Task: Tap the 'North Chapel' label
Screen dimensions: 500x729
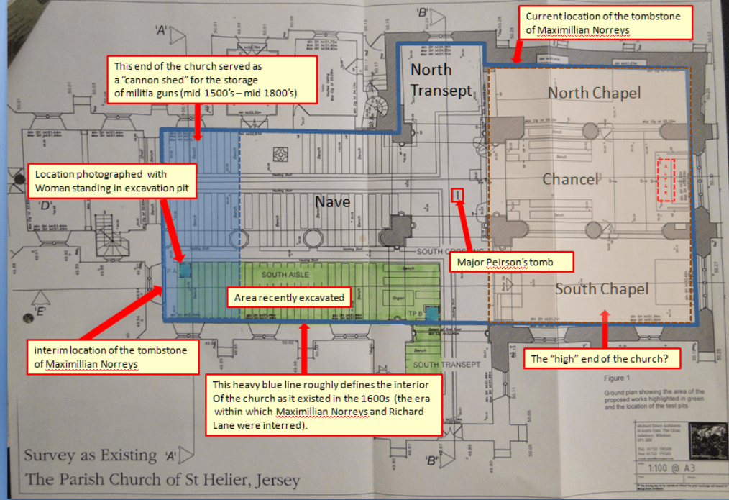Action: tap(593, 93)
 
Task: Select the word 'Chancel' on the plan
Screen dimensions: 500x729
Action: tap(571, 178)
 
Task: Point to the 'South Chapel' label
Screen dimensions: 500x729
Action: tap(602, 289)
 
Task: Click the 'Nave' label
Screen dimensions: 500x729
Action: tap(332, 202)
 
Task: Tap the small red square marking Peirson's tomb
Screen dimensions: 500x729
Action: tap(457, 195)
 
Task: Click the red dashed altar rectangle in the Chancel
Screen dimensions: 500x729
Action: tap(666, 180)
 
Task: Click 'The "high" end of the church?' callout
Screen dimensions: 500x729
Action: tap(603, 358)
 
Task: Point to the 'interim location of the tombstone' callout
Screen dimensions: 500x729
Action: tap(113, 357)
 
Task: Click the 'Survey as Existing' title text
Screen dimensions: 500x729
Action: tap(91, 455)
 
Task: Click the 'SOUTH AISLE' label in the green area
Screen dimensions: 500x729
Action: tap(285, 275)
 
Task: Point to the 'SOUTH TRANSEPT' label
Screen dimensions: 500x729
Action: tap(451, 365)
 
